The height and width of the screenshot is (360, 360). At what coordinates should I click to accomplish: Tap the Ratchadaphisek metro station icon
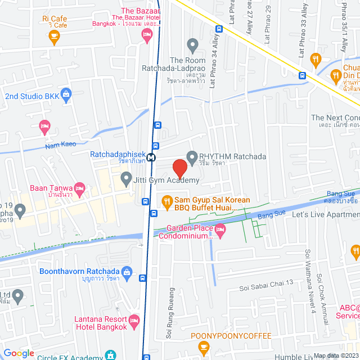(x=151, y=158)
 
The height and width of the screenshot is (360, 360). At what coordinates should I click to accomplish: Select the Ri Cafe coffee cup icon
(x=54, y=38)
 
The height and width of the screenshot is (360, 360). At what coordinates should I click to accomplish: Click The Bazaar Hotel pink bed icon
(x=147, y=37)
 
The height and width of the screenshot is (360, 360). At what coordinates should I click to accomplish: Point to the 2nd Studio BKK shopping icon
(x=66, y=93)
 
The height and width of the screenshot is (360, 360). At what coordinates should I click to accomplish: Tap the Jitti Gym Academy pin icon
(x=126, y=180)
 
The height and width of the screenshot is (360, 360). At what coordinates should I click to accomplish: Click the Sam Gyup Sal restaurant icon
(x=166, y=201)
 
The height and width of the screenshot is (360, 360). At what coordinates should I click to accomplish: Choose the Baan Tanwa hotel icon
(x=80, y=188)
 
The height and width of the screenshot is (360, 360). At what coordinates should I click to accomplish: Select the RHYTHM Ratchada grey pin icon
(x=192, y=156)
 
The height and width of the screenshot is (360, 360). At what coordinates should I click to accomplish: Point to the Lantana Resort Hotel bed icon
(x=134, y=321)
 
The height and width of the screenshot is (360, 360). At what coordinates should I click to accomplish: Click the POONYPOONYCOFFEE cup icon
(x=204, y=349)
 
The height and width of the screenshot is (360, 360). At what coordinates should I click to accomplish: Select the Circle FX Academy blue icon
(x=111, y=355)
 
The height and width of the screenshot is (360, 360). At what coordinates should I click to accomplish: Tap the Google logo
(x=19, y=353)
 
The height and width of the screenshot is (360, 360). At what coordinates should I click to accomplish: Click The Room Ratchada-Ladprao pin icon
(x=193, y=44)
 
